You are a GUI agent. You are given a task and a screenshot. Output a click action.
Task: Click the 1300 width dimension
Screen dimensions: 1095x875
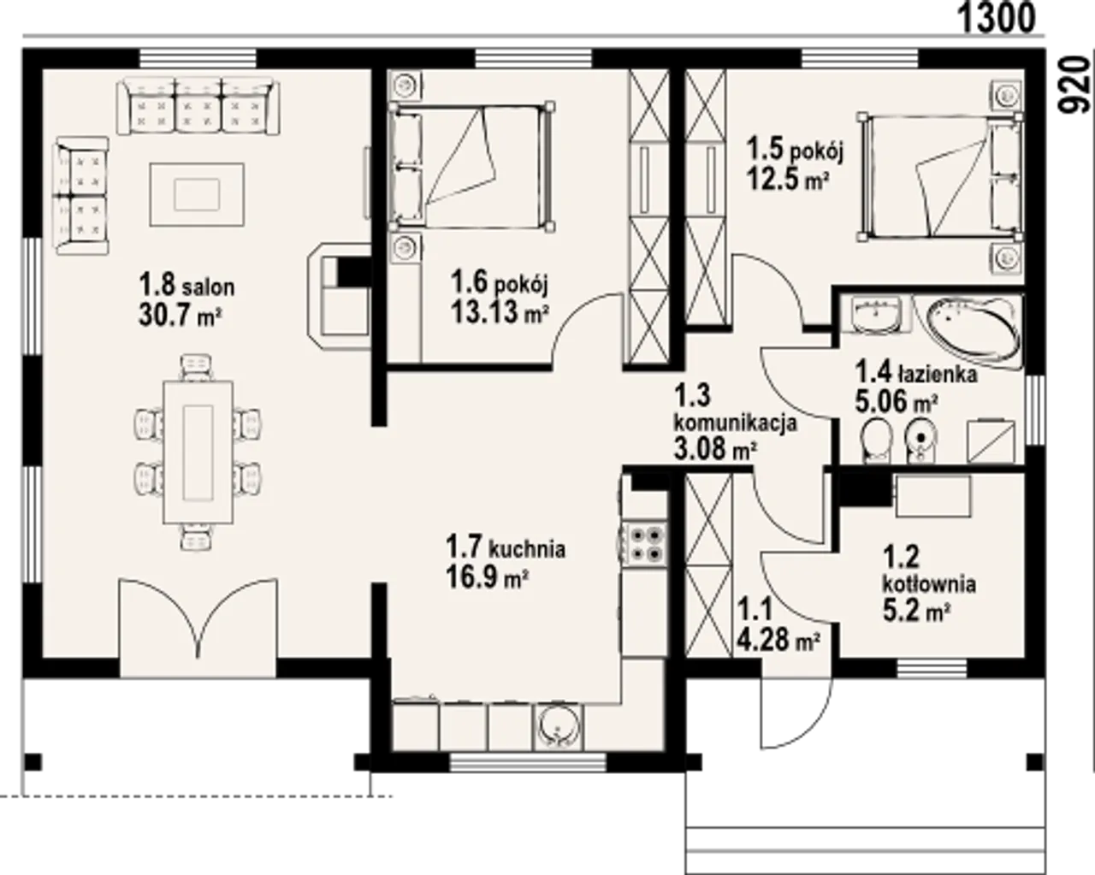(997, 18)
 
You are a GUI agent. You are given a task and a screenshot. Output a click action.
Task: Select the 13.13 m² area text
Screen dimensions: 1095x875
(499, 311)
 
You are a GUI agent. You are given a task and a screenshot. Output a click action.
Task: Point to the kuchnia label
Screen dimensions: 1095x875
(527, 549)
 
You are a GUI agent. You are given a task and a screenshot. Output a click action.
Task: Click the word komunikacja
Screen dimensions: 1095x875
(735, 423)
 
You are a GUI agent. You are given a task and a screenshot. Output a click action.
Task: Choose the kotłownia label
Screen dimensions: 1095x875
(929, 584)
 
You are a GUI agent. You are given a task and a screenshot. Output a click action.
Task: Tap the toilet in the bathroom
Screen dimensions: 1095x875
(876, 440)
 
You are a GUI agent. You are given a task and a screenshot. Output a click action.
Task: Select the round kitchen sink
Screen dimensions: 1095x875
(558, 728)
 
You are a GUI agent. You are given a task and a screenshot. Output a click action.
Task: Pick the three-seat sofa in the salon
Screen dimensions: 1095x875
(198, 107)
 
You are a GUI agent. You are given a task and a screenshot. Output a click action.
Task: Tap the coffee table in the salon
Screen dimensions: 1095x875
(197, 194)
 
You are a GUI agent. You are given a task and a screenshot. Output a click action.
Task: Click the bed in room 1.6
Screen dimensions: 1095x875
(471, 167)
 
